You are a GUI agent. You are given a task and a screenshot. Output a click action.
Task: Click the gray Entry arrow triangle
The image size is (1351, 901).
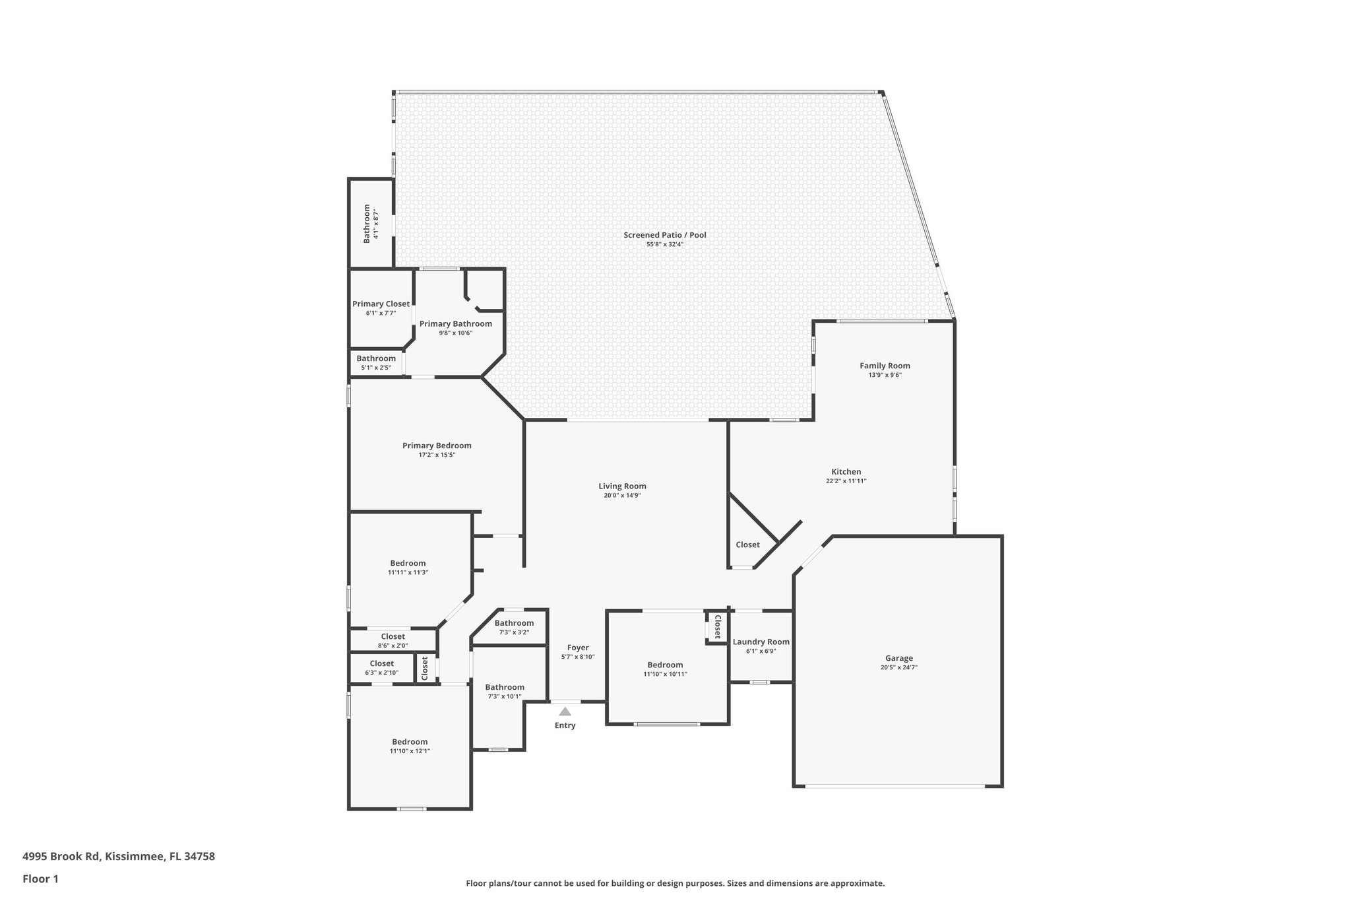click(565, 712)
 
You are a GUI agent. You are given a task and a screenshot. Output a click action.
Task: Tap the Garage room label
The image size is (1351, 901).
click(898, 658)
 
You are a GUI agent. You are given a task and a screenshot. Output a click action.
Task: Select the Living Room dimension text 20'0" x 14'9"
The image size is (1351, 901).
click(622, 496)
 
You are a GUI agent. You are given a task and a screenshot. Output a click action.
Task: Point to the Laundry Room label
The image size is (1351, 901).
click(761, 642)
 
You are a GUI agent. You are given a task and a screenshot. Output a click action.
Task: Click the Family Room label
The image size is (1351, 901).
click(885, 366)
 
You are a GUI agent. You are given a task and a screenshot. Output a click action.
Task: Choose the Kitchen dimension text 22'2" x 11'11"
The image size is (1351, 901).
click(846, 481)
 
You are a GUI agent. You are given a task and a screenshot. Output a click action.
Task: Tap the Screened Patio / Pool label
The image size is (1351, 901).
click(664, 235)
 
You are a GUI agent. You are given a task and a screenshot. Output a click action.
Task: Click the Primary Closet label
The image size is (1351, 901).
click(381, 304)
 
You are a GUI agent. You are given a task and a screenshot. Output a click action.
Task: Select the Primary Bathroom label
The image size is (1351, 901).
click(455, 324)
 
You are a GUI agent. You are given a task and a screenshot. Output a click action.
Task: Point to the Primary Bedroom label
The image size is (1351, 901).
click(437, 446)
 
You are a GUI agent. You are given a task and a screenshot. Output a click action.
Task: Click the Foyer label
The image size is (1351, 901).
click(578, 648)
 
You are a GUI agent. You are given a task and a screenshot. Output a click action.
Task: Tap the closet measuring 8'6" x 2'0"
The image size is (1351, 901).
click(393, 641)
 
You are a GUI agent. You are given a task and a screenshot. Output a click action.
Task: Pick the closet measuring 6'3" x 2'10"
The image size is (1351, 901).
click(381, 667)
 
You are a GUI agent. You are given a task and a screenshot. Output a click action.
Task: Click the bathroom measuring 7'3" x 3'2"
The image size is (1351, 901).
click(514, 627)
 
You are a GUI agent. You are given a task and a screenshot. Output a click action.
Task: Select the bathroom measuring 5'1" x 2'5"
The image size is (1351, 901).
click(376, 362)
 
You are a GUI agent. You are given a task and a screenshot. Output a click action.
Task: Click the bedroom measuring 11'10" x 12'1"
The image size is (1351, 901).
click(410, 746)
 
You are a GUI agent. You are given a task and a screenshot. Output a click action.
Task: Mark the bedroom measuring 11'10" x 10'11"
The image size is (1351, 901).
click(665, 669)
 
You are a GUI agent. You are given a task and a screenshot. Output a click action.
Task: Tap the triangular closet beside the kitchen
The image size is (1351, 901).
click(747, 545)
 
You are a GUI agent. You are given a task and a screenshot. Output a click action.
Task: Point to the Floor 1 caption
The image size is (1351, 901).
click(40, 879)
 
